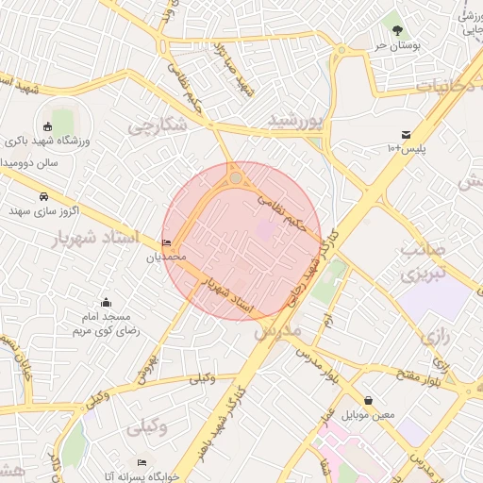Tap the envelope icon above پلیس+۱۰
click(x=406, y=135)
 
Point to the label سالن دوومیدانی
click(x=28, y=162)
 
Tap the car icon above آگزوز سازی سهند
click(x=44, y=196)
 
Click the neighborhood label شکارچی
click(x=158, y=125)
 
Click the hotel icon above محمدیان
click(x=167, y=242)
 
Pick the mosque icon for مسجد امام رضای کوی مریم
click(x=106, y=303)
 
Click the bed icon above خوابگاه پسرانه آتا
click(x=142, y=462)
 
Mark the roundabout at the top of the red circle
click(x=236, y=177)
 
